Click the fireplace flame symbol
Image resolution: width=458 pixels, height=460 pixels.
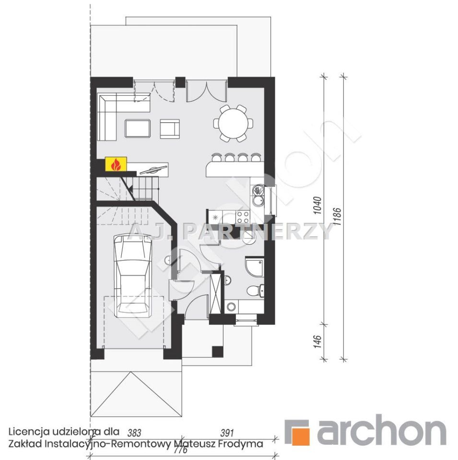pyautogui.click(x=116, y=164)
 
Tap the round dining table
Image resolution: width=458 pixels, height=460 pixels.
pyautogui.click(x=234, y=123)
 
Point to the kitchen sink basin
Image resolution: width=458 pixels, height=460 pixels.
pyautogui.click(x=258, y=201)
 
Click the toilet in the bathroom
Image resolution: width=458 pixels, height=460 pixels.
pyautogui.click(x=255, y=290)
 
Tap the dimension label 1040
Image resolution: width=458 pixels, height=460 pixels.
pyautogui.click(x=317, y=206)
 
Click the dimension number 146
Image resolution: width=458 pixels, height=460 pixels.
pyautogui.click(x=317, y=342)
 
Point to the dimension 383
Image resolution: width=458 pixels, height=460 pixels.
pyautogui.click(x=134, y=433)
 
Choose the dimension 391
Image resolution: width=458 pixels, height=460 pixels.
pyautogui.click(x=227, y=433)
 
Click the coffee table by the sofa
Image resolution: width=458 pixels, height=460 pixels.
pyautogui.click(x=137, y=128)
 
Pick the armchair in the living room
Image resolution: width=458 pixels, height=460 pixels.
pyautogui.click(x=170, y=129)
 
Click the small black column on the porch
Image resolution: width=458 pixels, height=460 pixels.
pyautogui.click(x=218, y=351)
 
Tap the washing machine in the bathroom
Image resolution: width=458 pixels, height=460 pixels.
pyautogui.click(x=231, y=307)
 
